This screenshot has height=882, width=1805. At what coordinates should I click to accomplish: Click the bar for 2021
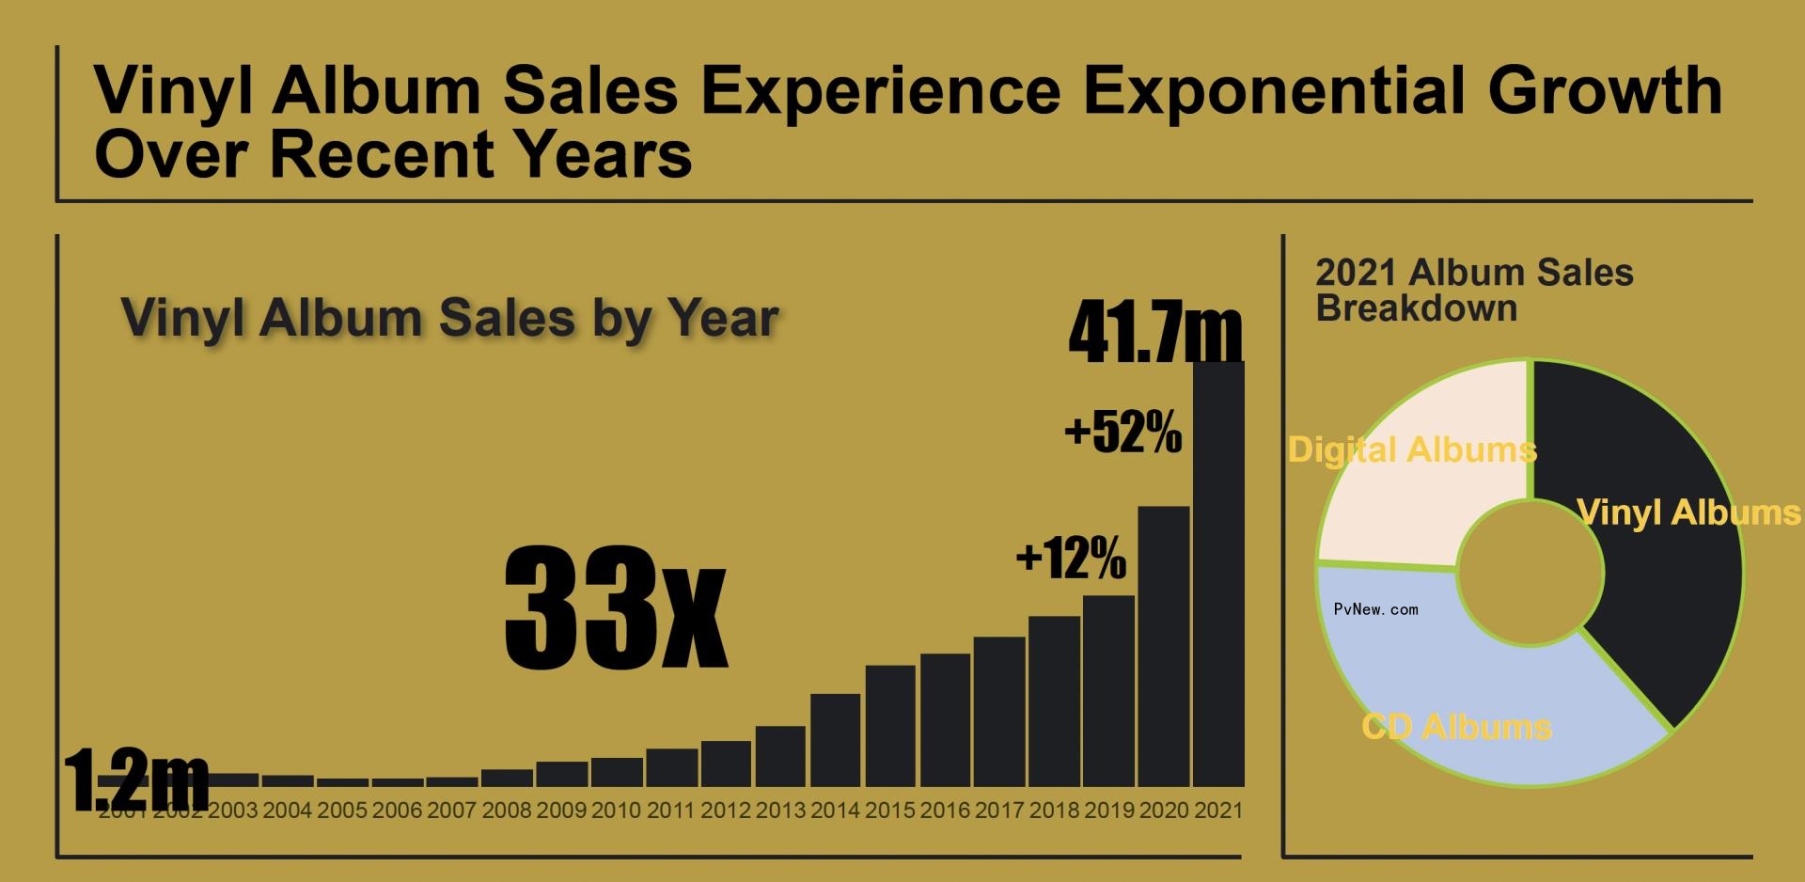click(1218, 574)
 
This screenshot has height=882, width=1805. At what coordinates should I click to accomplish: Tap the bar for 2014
click(835, 740)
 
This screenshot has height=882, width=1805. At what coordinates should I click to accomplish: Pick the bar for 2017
click(999, 712)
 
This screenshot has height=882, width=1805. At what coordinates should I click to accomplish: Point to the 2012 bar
click(726, 764)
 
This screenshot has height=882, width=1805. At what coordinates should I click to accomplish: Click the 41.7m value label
click(1155, 331)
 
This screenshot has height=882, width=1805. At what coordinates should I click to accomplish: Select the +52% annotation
click(1122, 433)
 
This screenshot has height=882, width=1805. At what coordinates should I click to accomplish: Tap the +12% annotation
click(1071, 558)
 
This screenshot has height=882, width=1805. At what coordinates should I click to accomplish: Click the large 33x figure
click(616, 607)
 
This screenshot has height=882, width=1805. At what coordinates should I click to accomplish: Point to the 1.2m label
click(136, 779)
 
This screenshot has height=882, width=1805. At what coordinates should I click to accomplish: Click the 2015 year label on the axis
click(889, 811)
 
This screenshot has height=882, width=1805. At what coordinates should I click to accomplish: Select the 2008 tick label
click(506, 811)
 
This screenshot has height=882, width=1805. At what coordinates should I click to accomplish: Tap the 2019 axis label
click(1109, 811)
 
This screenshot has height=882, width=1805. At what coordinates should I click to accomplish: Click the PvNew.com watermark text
click(1375, 609)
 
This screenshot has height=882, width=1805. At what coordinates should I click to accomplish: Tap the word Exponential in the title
click(1274, 91)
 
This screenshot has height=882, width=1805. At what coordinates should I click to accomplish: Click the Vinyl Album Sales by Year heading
click(449, 318)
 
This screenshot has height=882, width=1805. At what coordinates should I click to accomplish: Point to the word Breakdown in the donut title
click(1416, 308)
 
